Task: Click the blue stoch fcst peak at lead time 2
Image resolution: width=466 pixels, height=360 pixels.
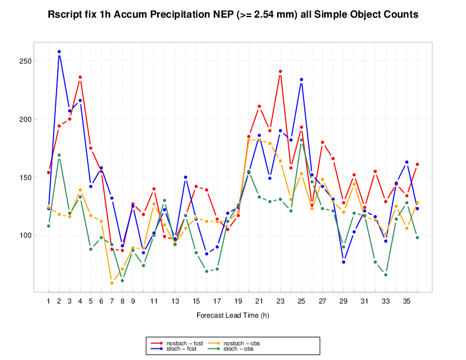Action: click(x=59, y=52)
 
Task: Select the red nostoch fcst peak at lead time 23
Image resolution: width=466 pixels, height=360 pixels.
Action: click(x=280, y=71)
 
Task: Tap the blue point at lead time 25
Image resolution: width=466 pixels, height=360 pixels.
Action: click(x=301, y=79)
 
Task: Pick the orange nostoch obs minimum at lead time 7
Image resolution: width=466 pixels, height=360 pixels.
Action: click(x=112, y=283)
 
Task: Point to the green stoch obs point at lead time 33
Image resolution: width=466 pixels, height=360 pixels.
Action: click(x=385, y=275)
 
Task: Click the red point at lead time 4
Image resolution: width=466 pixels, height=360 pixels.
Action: click(x=80, y=77)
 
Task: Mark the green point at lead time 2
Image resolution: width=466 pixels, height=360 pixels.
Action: click(x=59, y=155)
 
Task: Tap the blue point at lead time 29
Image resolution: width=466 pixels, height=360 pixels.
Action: click(x=344, y=262)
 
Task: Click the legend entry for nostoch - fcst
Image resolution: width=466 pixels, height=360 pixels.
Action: click(x=180, y=342)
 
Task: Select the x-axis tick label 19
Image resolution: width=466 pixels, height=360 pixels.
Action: click(x=238, y=301)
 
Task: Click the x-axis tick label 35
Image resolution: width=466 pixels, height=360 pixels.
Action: click(x=407, y=301)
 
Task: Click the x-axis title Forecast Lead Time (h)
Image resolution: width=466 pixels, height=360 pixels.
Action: click(x=232, y=315)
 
